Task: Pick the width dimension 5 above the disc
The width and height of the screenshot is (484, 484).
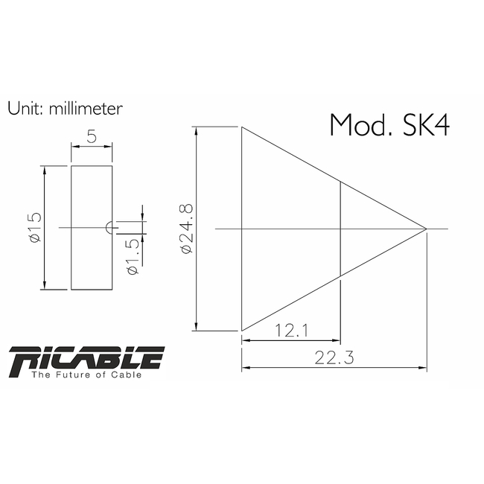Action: pyautogui.click(x=92, y=138)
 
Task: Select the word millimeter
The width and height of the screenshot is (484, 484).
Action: pyautogui.click(x=86, y=108)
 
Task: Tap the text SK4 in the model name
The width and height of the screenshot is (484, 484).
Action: pyautogui.click(x=425, y=124)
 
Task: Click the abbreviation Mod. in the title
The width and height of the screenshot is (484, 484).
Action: pyautogui.click(x=360, y=124)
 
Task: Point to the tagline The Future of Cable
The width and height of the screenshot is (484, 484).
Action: pyautogui.click(x=86, y=375)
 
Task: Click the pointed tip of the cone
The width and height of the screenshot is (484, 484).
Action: pyautogui.click(x=426, y=229)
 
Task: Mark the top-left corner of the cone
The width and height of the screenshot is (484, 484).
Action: pyautogui.click(x=242, y=127)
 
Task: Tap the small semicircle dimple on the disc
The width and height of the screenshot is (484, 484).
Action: pyautogui.click(x=109, y=227)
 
